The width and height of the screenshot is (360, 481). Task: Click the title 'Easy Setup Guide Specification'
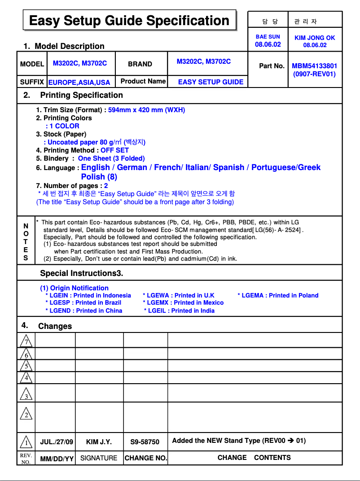pos(129,21)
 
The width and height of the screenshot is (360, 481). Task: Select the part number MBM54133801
pos(314,66)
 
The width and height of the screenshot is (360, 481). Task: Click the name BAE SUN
pos(268,37)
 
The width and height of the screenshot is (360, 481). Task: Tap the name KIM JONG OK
pos(315,38)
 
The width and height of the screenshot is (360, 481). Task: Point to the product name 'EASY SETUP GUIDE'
pos(211,82)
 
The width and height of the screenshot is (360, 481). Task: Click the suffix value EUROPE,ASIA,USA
pos(79,82)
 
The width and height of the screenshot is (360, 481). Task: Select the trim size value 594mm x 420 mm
pos(146,110)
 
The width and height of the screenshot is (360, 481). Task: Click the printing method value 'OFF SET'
pos(114,150)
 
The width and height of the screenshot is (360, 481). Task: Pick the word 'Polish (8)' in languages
pos(99,177)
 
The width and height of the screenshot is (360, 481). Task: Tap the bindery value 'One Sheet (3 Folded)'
pos(111,158)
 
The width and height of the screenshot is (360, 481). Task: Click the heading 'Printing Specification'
pos(81,95)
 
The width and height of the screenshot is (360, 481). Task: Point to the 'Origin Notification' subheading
pos(74,288)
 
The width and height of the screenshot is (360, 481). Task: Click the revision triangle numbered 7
pos(26,341)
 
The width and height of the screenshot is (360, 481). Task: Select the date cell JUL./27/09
pos(57,442)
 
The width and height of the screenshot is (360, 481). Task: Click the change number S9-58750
pos(145,442)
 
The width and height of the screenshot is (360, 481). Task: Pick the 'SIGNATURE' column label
pos(99,458)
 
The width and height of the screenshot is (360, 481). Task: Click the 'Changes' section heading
pos(55,326)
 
